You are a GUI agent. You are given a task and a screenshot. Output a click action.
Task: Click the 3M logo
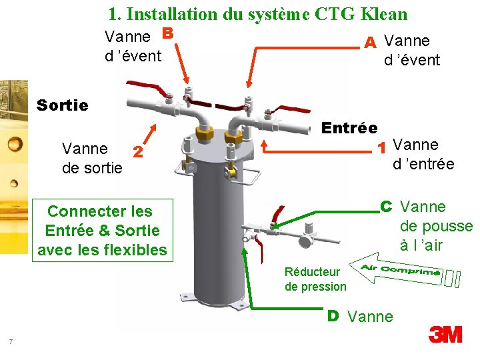445,333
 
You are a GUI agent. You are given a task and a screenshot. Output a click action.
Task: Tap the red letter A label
371,42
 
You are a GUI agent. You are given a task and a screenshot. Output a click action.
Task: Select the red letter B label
167,33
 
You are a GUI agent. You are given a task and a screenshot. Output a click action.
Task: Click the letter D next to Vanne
333,315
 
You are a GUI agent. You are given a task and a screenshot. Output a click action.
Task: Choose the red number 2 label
137,152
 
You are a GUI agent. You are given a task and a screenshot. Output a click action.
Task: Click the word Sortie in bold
63,105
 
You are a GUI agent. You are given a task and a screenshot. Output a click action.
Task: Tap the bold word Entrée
349,127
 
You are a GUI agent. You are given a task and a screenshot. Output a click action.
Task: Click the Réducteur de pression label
315,279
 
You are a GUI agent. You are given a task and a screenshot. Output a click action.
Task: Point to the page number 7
11,342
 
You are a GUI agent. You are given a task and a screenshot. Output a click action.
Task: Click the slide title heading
257,13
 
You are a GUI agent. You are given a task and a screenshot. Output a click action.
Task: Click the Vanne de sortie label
92,157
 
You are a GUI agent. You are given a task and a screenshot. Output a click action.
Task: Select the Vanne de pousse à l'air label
435,226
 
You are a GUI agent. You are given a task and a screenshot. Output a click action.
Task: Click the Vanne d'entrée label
423,154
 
